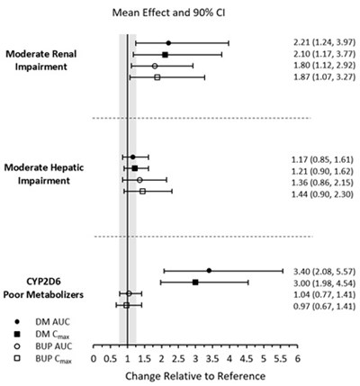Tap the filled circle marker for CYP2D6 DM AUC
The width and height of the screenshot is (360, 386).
209,270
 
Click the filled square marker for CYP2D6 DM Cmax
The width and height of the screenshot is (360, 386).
195,282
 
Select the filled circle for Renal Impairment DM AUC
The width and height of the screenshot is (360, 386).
168,43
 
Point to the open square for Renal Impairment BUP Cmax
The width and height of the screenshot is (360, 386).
157,77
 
